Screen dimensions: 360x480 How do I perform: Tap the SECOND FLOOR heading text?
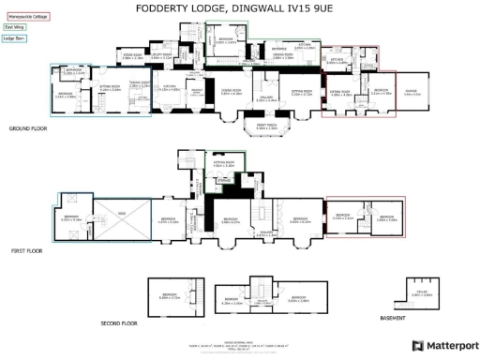point(119,322)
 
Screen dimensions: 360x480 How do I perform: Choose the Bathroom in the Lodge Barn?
point(71,72)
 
